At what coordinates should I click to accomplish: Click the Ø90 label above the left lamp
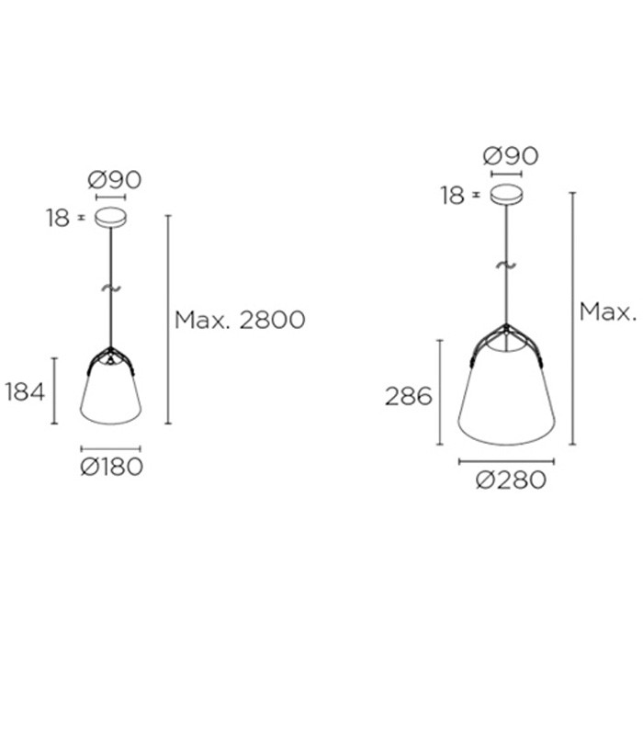point(115,179)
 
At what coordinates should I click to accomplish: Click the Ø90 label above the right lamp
point(511,155)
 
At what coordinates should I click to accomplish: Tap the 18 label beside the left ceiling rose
point(58,219)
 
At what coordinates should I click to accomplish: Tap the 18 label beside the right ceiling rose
point(452,196)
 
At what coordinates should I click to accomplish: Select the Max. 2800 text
point(240,320)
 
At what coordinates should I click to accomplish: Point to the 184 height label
point(25,392)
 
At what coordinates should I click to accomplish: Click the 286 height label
point(409,397)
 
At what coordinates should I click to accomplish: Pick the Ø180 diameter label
point(112,467)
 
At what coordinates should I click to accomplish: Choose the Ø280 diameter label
point(511,480)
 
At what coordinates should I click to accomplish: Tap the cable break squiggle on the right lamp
point(505,266)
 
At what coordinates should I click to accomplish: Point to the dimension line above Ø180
point(111,449)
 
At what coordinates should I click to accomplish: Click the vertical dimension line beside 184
point(55,390)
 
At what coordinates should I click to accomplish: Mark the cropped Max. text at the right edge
point(608,311)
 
